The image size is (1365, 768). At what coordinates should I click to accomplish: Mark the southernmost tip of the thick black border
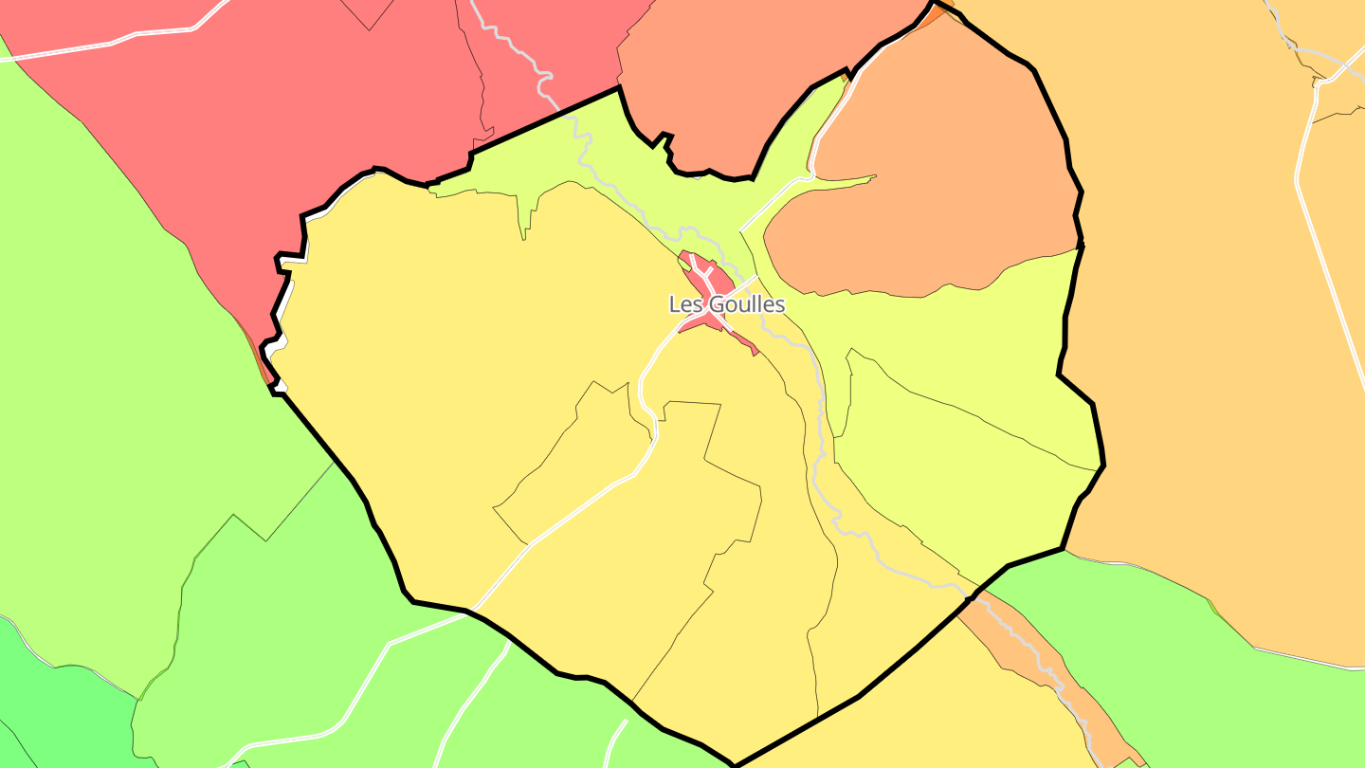point(735,764)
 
